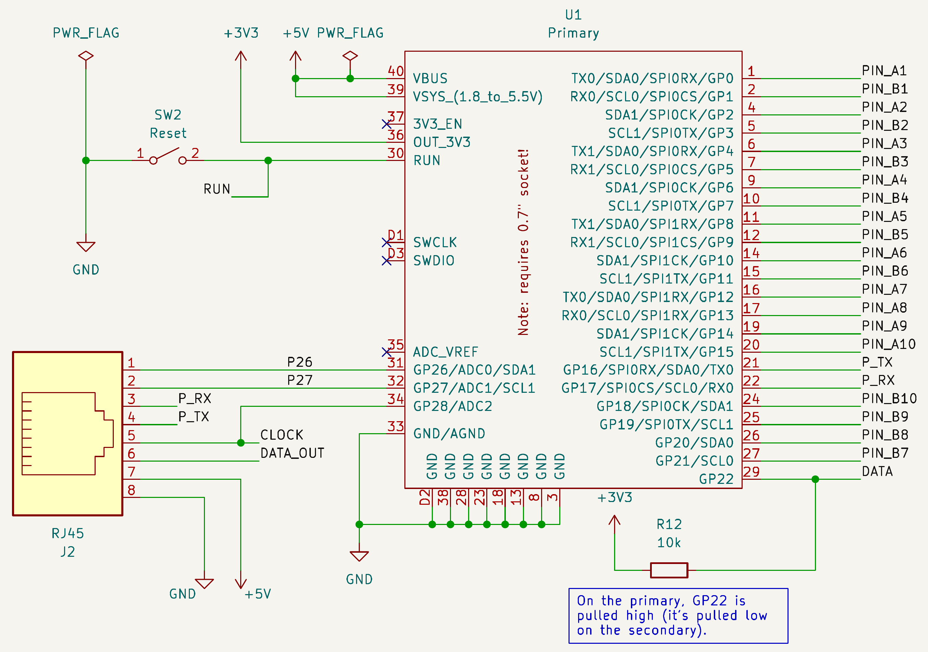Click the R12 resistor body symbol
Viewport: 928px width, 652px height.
point(669,570)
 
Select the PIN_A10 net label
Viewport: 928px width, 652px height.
point(888,344)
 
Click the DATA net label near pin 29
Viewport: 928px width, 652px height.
point(877,472)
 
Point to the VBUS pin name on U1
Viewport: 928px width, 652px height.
point(430,78)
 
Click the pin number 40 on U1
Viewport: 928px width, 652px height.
point(396,71)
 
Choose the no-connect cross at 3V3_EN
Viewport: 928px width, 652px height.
point(387,124)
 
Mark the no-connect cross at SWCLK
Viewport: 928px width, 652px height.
point(387,242)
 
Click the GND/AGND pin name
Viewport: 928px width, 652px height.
point(449,434)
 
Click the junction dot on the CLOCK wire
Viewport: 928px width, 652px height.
point(241,443)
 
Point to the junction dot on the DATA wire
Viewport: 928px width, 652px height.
point(815,479)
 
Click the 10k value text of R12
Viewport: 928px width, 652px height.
point(669,542)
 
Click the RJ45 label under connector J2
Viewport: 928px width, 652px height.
point(68,534)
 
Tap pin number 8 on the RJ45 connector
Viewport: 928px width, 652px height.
point(131,490)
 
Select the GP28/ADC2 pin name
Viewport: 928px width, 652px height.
point(453,406)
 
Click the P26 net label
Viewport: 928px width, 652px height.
point(300,362)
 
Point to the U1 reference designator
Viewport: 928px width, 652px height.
point(574,15)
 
